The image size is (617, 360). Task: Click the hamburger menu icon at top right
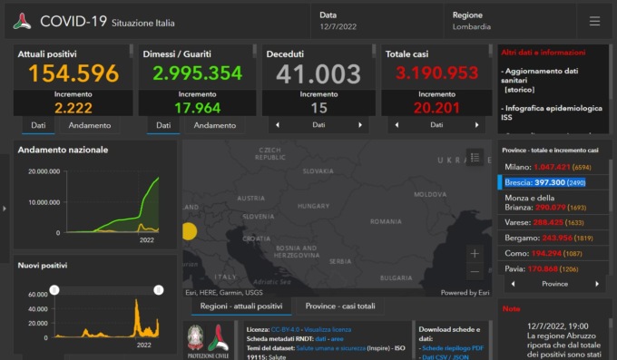594,21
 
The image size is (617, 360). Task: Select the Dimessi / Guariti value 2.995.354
197,73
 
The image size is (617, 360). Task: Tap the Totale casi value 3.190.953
436,73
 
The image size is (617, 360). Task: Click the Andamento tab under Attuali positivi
90,125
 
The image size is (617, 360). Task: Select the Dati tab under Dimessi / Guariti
163,125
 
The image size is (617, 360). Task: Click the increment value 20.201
436,108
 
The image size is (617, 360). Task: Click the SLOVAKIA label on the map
318,170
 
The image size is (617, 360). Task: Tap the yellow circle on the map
188,231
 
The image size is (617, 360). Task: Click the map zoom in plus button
475,254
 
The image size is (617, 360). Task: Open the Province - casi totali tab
339,306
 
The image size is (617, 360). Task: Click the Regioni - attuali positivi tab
240,306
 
